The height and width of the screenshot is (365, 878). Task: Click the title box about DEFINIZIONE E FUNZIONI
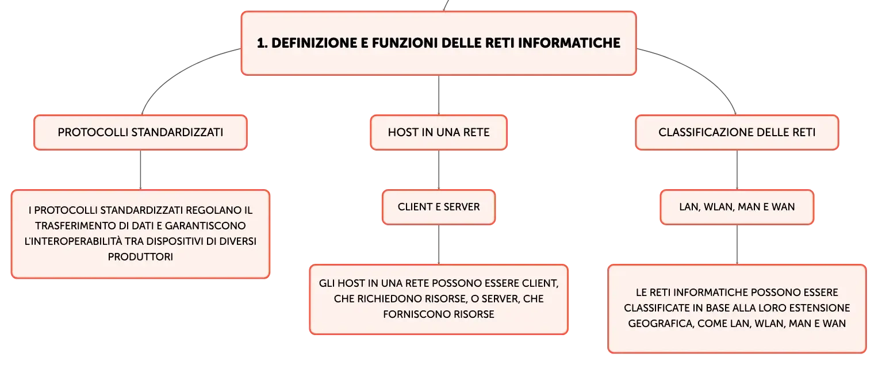pyautogui.click(x=439, y=43)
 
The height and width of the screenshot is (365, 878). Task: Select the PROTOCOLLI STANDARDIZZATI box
pyautogui.click(x=140, y=133)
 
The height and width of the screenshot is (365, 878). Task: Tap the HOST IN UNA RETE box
pyautogui.click(x=439, y=133)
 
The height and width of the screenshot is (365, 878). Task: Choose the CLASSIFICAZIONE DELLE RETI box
pyautogui.click(x=737, y=133)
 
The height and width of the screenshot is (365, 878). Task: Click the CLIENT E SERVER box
pyautogui.click(x=439, y=207)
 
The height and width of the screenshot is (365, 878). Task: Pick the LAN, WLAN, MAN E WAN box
pyautogui.click(x=737, y=207)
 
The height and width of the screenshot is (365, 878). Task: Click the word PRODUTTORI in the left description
pyautogui.click(x=140, y=257)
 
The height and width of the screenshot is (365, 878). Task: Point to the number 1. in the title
pyautogui.click(x=262, y=43)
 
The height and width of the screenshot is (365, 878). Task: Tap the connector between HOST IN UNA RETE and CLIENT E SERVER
pyautogui.click(x=439, y=170)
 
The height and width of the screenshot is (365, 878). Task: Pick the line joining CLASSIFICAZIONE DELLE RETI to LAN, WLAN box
pyautogui.click(x=737, y=170)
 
